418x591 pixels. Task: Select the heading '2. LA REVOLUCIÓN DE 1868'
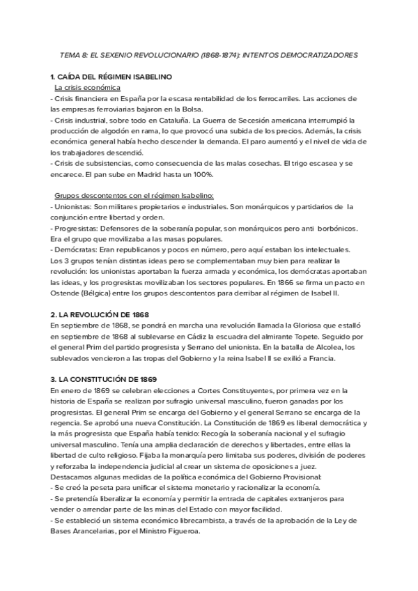click(100, 316)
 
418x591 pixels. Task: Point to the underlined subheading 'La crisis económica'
click(87, 88)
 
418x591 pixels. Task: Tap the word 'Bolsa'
click(188, 109)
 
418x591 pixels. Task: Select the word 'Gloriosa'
click(274, 326)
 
